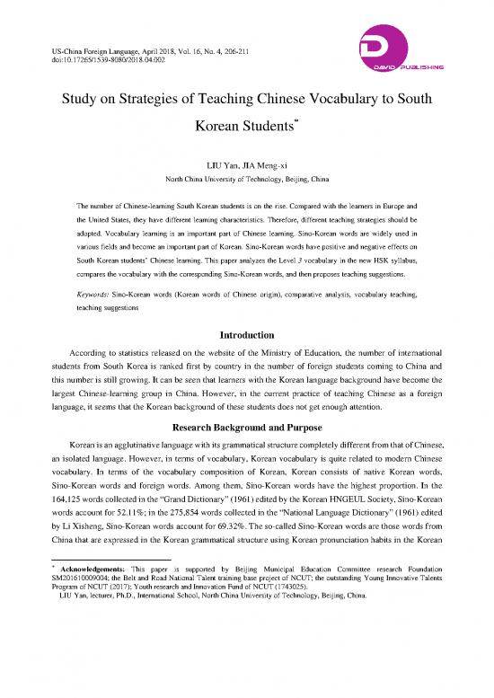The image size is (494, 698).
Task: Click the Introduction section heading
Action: [x=247, y=335]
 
